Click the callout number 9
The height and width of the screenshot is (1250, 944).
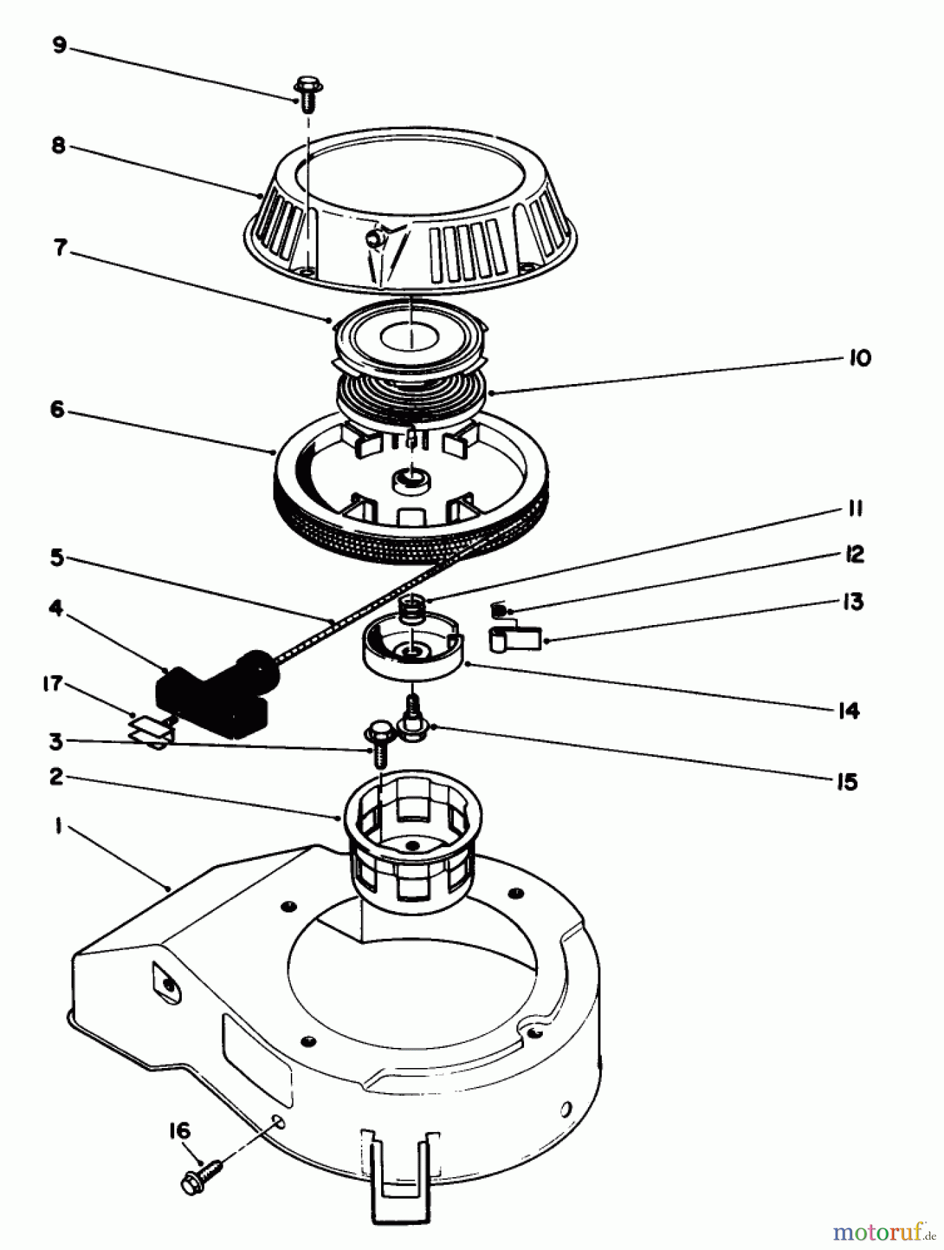[x=59, y=47]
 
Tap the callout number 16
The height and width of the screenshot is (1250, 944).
[x=178, y=1131]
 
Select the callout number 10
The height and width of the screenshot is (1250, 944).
[x=859, y=358]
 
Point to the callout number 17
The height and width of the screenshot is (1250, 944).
[x=53, y=685]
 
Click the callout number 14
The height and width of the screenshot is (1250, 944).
[x=848, y=710]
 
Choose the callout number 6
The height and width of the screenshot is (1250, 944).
[x=58, y=410]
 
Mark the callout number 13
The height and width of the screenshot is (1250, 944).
[x=853, y=601]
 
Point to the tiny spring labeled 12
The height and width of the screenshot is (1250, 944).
[x=498, y=610]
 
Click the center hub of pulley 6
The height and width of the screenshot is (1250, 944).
[x=412, y=478]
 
